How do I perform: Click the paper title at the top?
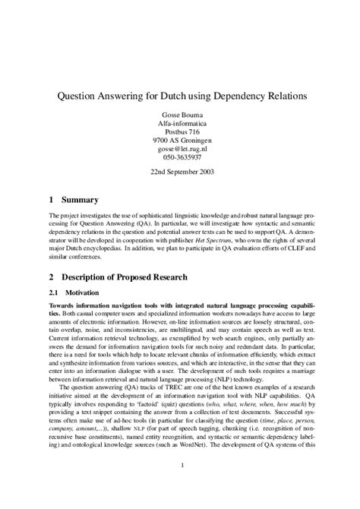pos(180,98)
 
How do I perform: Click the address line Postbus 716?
pos(180,139)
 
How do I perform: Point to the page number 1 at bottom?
pos(180,485)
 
